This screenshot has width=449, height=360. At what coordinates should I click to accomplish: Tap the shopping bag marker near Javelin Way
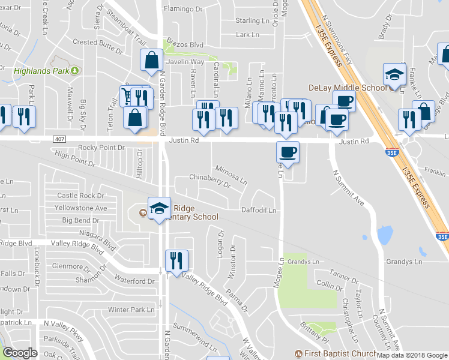tap(151, 61)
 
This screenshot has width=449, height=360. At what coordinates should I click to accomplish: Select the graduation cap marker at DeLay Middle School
tap(394, 75)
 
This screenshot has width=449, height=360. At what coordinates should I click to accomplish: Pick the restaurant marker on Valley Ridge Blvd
tap(176, 261)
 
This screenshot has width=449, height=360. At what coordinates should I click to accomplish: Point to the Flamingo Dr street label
tap(183, 10)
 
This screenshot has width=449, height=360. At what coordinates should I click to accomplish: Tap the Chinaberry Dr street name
tap(209, 181)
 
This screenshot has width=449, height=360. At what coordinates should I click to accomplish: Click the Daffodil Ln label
tap(258, 211)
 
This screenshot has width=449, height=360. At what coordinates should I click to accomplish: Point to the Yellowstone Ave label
tap(80, 208)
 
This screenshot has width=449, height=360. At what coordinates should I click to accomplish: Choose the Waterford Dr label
tap(134, 281)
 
